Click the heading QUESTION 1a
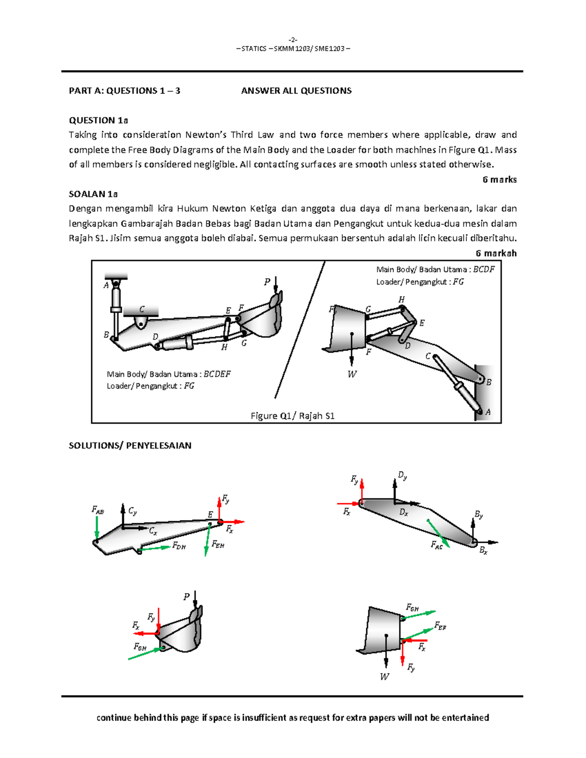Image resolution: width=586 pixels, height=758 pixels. [x=98, y=120]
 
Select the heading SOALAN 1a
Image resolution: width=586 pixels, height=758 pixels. [x=93, y=194]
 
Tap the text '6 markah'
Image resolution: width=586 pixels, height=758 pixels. [x=496, y=253]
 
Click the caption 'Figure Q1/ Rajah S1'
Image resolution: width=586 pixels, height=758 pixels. [x=292, y=416]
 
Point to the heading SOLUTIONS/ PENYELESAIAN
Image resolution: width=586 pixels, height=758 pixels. [x=130, y=445]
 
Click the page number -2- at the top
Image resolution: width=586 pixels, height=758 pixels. [x=293, y=40]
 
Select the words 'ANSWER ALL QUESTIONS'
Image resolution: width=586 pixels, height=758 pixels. [x=296, y=91]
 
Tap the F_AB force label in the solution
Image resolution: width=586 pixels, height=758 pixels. [x=98, y=510]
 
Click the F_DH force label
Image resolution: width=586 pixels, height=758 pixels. [x=179, y=546]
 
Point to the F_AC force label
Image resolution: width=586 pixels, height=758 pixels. [x=437, y=545]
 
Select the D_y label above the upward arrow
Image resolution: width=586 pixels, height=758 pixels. [x=402, y=475]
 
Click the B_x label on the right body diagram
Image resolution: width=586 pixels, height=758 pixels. [x=483, y=551]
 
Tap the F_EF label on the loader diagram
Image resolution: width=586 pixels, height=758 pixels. [x=440, y=626]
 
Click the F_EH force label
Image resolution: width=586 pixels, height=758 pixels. [x=218, y=544]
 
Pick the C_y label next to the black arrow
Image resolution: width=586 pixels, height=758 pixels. [x=132, y=511]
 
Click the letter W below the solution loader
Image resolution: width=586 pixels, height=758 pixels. [x=384, y=676]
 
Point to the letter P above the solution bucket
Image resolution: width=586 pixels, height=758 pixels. [x=186, y=596]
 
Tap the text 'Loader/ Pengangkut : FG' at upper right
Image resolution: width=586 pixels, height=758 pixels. [x=419, y=282]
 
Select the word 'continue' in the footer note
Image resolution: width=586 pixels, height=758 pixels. [x=114, y=717]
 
